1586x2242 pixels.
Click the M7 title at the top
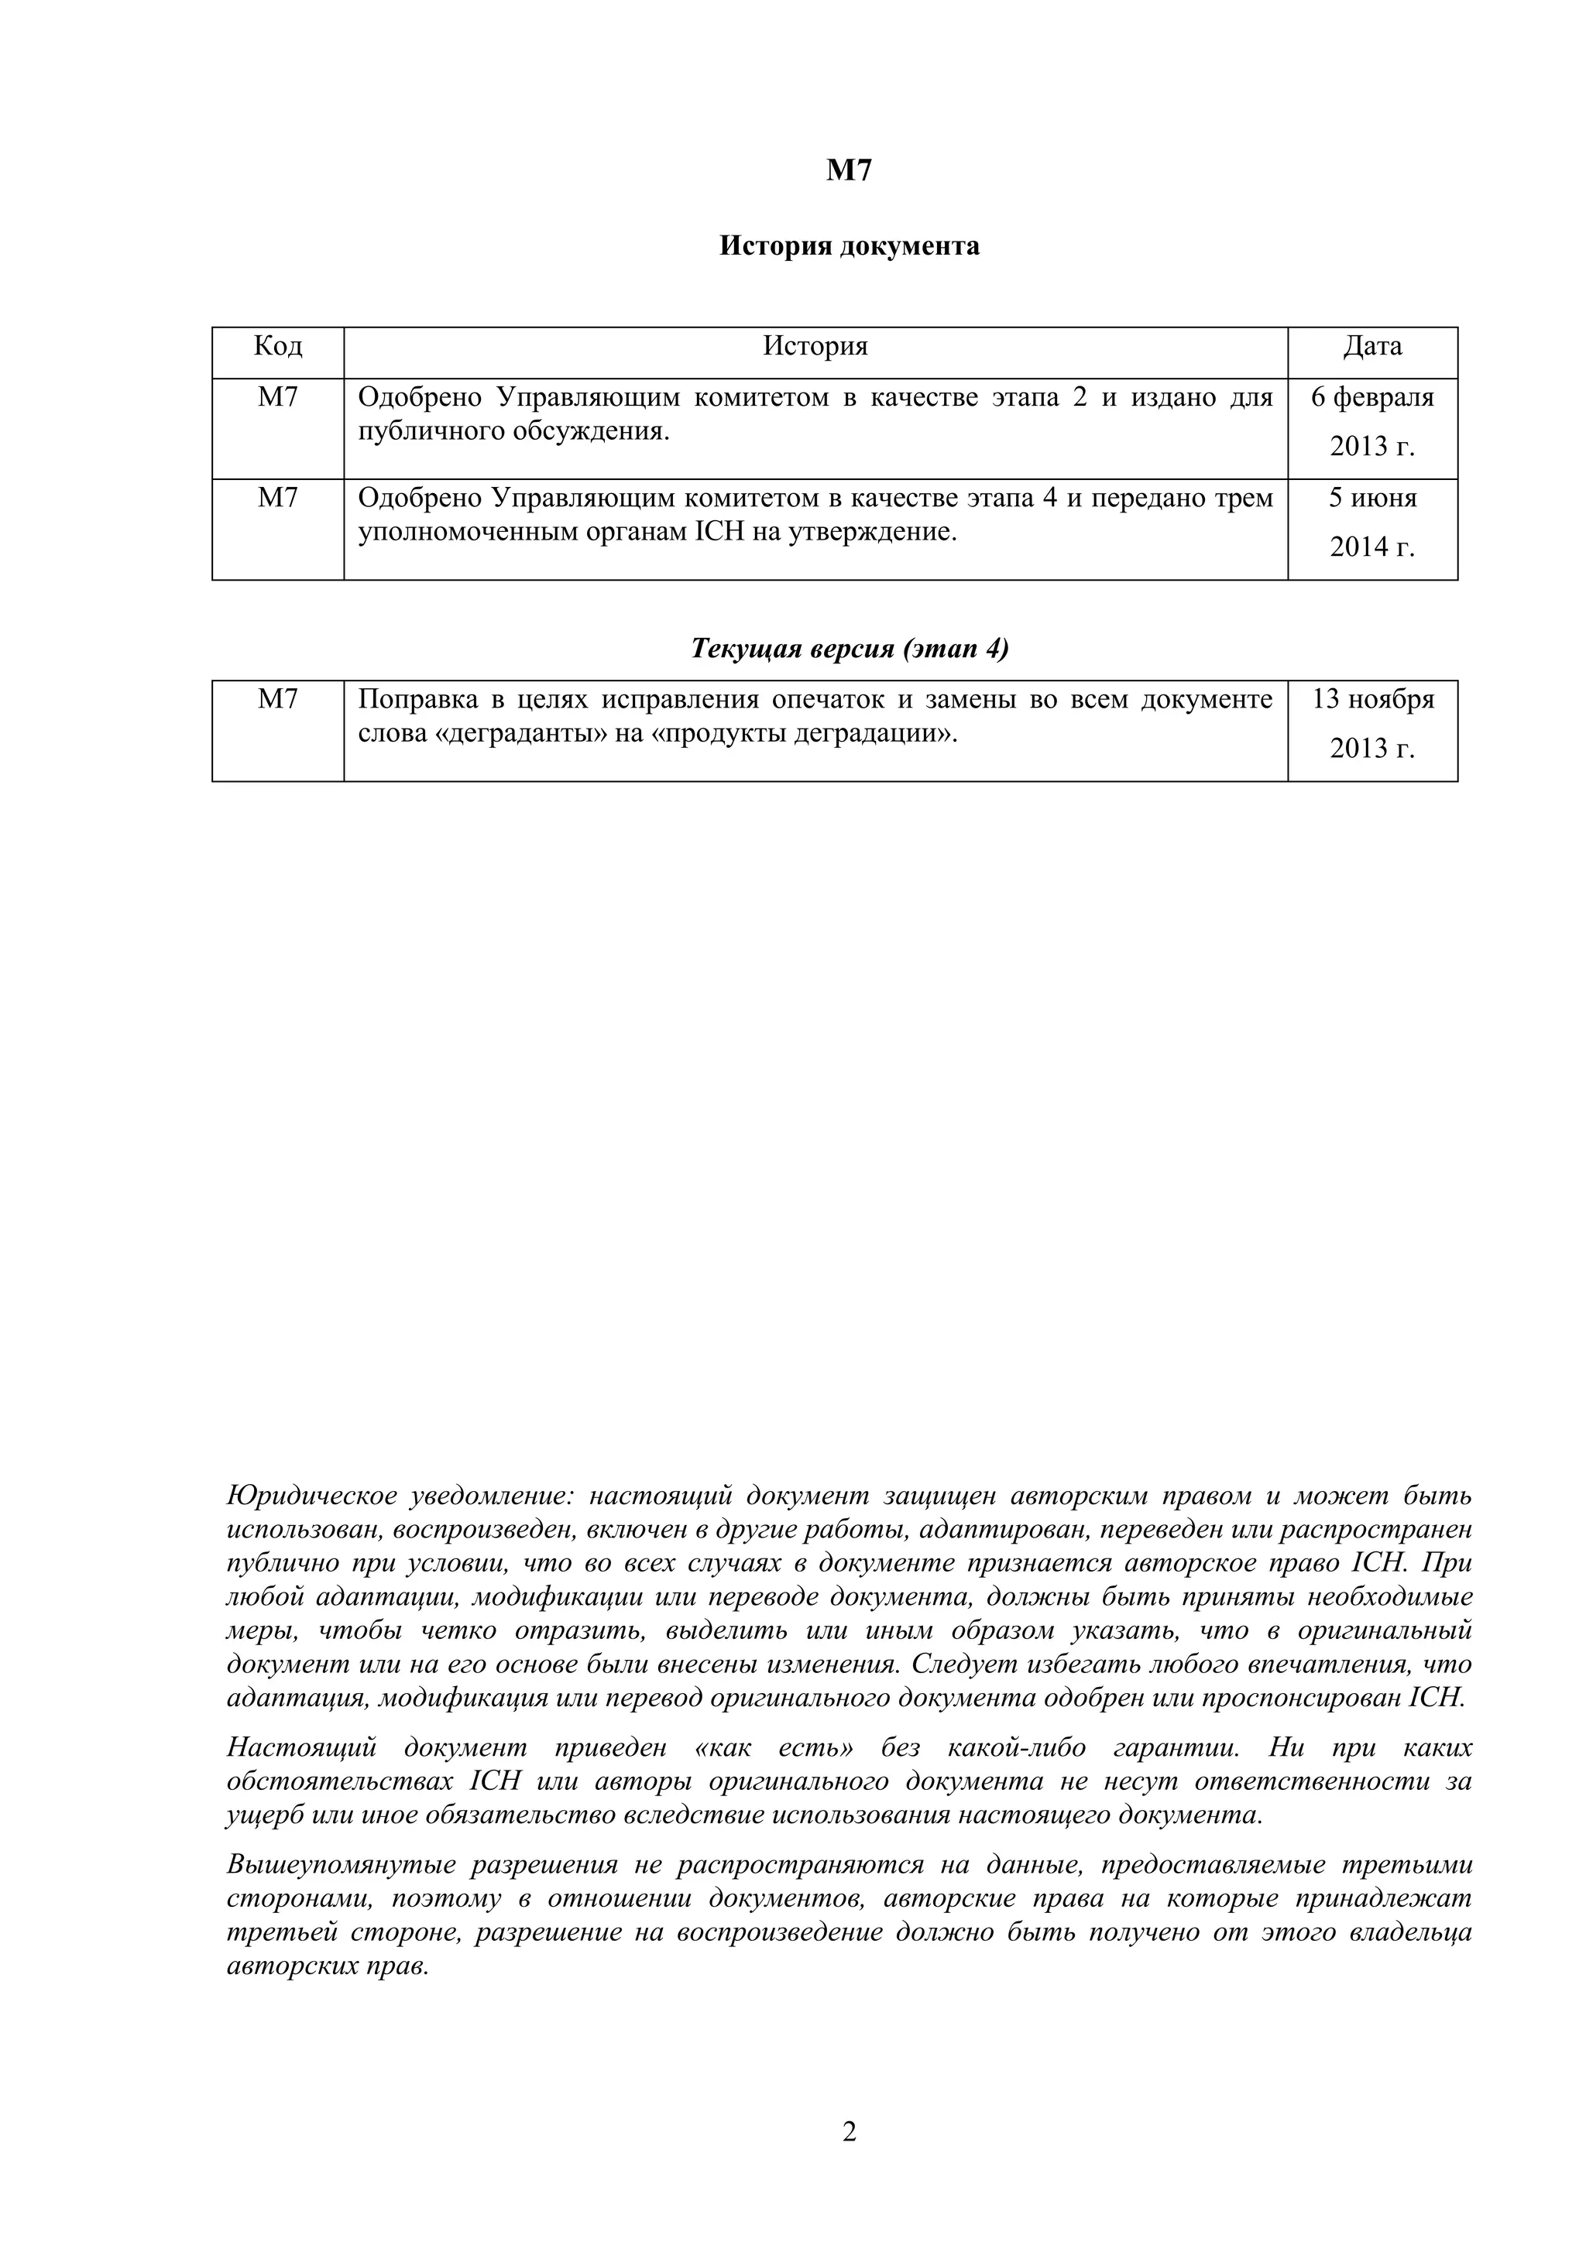tap(849, 171)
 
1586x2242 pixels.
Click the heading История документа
tap(849, 246)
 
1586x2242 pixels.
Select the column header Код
tap(278, 346)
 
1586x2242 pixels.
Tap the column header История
tap(815, 346)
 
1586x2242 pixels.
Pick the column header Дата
tap(1372, 346)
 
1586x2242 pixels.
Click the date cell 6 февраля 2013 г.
tap(1372, 422)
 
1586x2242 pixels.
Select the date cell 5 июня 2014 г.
tap(1372, 523)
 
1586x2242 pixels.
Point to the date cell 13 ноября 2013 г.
tap(1372, 724)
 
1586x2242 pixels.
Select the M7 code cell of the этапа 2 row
tap(278, 399)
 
